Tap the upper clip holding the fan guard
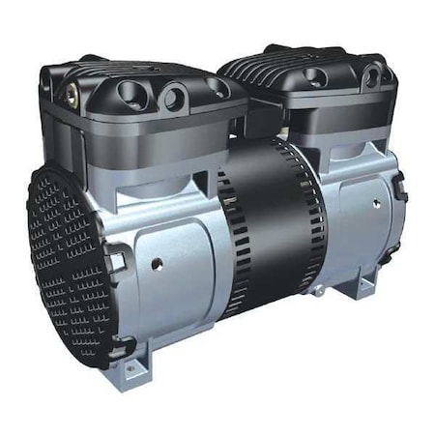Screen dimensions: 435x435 (115, 259)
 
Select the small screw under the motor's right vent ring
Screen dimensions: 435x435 (314, 288)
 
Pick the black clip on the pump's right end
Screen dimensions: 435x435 (399, 180)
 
